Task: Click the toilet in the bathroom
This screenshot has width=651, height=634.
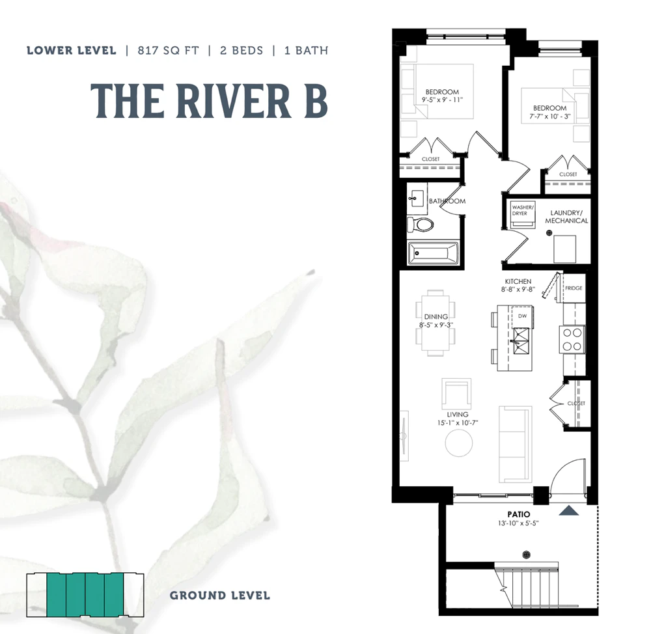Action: pos(420,225)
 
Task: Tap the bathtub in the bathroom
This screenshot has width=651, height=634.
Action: pos(433,253)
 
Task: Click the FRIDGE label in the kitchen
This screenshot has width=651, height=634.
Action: pos(574,288)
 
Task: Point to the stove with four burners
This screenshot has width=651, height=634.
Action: pos(572,339)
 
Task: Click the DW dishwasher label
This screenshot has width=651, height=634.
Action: pos(522,316)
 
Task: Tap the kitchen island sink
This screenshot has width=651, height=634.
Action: pos(521,341)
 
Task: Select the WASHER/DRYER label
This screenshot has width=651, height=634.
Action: pos(523,210)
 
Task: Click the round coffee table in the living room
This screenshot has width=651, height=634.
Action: pos(459,443)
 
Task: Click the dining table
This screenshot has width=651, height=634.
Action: pos(436,323)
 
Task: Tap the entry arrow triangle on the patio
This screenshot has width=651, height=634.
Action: pos(569,511)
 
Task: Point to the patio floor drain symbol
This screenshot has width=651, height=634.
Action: pos(526,555)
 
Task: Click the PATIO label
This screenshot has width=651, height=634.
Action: pos(519,514)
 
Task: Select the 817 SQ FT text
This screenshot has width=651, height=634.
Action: pos(168,51)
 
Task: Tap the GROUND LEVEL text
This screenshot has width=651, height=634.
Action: pos(219,596)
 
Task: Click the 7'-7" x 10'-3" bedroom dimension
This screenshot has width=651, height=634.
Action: pos(549,117)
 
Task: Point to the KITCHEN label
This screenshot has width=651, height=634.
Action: pos(518,281)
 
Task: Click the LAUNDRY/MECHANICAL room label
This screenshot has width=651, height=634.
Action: pos(566,217)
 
